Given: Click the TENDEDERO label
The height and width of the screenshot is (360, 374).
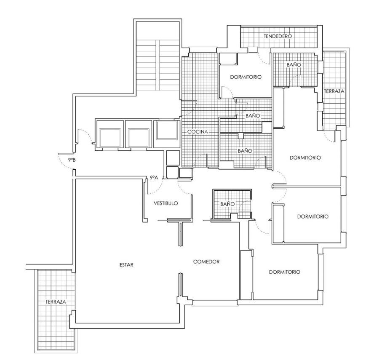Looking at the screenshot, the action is point(278,36).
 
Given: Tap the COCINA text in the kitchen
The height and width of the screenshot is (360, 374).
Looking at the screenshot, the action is point(198,132).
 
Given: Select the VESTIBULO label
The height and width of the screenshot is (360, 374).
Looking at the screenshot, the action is point(166,203).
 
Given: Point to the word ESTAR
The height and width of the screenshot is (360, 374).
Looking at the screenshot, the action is point(126,265).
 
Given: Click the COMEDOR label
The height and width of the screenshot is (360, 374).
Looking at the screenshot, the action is point(206,261).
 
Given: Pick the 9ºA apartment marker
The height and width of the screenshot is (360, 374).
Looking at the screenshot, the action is point(154,177).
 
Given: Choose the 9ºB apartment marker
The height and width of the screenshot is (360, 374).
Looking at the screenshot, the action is point(72,160).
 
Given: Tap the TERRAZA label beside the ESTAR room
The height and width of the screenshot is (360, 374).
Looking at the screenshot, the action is point(56,301).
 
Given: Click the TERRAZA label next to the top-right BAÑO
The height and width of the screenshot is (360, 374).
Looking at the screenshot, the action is point(334,91).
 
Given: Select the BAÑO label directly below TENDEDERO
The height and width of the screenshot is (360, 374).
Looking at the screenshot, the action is point(294,64).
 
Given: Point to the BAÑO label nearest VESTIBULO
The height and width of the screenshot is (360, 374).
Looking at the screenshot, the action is point(227,204).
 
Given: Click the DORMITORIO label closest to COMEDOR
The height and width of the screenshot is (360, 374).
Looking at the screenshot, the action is point(285,272).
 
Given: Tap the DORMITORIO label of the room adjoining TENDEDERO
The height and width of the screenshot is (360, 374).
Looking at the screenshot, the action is point(246,77).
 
